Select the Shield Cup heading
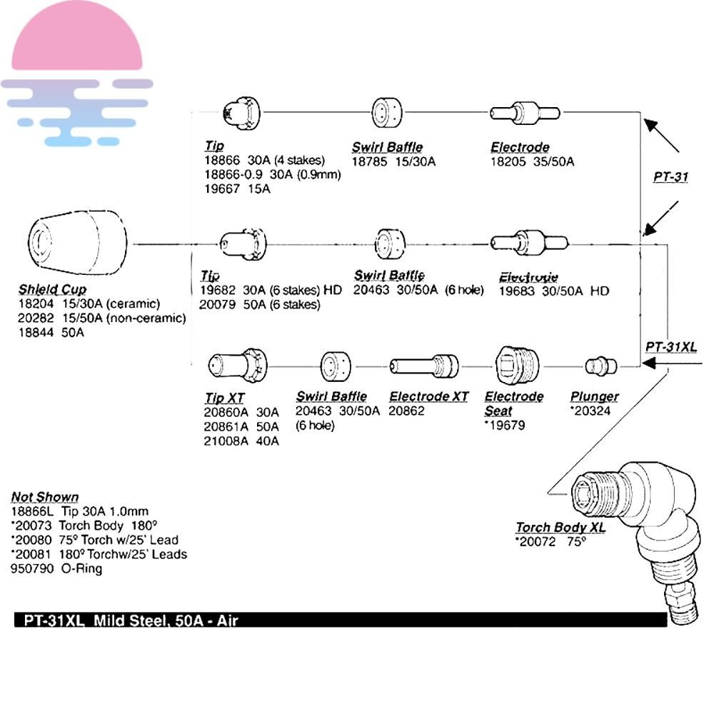[x=52, y=289]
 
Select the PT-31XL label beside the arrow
[x=670, y=347]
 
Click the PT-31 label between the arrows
[x=670, y=176]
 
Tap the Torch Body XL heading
[x=560, y=528]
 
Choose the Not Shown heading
[x=45, y=497]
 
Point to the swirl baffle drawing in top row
[x=388, y=112]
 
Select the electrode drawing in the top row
[x=525, y=112]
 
